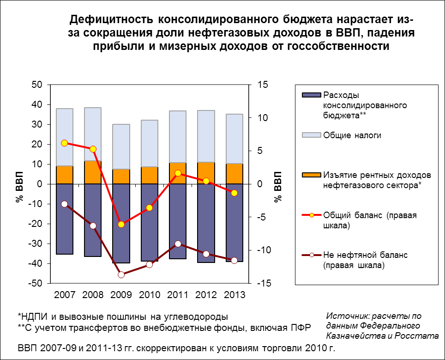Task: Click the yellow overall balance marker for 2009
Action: [x=121, y=225]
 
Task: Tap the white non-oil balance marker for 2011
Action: [x=178, y=244]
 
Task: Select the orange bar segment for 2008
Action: [x=93, y=172]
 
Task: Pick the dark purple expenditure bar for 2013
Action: [x=235, y=223]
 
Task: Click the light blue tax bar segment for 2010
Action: [x=150, y=143]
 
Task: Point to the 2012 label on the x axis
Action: [x=206, y=294]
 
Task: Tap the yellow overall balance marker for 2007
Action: [x=64, y=143]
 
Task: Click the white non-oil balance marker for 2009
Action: [x=121, y=275]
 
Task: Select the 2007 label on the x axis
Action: [x=65, y=294]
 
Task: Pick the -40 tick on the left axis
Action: [x=36, y=263]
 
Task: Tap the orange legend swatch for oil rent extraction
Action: [x=311, y=175]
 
